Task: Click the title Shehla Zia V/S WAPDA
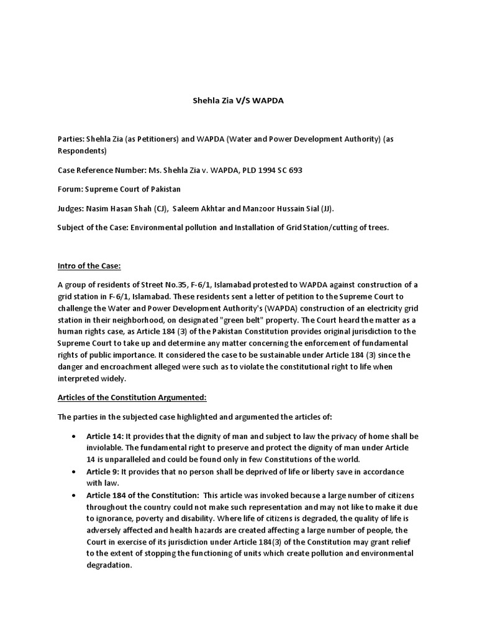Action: coord(236,100)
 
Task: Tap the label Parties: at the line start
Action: coord(70,140)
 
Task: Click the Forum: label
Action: coord(71,189)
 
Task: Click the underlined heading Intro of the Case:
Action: coord(89,266)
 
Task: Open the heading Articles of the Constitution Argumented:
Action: coord(131,397)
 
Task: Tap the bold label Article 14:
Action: coord(102,437)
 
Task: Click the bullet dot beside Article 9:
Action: coord(75,471)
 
